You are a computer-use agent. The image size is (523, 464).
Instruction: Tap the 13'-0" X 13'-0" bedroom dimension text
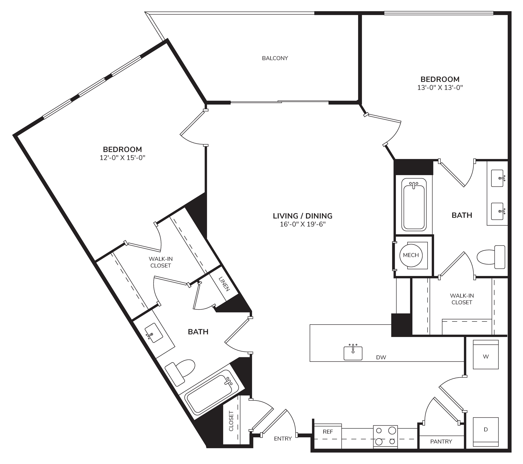440,88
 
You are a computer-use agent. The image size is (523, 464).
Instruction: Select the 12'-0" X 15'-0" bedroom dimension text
123,158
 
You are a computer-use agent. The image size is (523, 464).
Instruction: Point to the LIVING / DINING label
303,216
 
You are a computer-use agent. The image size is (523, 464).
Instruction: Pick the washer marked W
486,354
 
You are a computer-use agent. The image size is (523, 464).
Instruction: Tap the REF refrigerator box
328,436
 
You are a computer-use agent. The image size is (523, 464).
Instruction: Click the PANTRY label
441,441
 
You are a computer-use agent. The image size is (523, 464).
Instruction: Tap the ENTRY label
283,439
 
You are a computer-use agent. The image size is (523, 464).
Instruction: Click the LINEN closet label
224,284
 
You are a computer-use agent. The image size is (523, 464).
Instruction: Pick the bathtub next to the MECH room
414,205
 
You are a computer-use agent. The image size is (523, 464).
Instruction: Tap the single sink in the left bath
154,333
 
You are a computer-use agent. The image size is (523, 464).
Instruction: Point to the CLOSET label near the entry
231,425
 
